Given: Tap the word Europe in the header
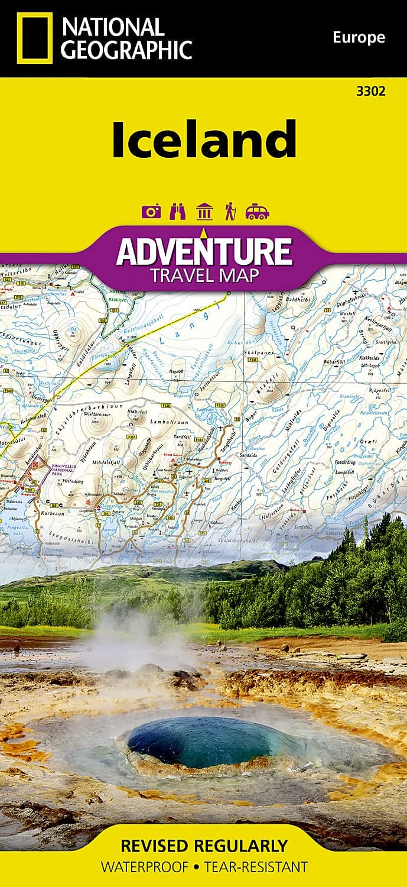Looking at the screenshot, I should click(x=359, y=38).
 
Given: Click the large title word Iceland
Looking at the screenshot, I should click(x=204, y=140).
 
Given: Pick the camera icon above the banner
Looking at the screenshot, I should click(x=152, y=211).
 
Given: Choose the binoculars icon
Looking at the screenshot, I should click(x=178, y=211).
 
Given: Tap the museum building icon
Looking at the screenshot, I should click(x=204, y=211).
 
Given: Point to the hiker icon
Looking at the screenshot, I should click(x=230, y=211).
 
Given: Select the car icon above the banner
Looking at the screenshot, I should click(x=257, y=211).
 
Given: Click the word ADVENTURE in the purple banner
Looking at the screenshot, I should click(x=204, y=251).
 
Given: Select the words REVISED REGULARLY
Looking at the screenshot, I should click(x=203, y=845).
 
